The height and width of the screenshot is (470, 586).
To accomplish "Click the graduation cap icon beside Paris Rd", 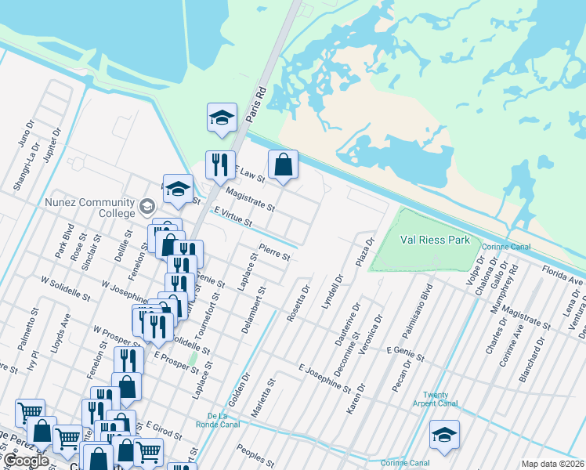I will point(222,118).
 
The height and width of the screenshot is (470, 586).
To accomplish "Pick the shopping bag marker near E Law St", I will point(283,165).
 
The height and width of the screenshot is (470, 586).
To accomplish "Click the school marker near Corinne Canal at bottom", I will point(444,435).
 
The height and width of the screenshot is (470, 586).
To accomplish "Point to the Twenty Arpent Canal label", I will point(435,399).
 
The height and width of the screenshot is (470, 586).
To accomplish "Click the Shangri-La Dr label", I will point(26,172).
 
